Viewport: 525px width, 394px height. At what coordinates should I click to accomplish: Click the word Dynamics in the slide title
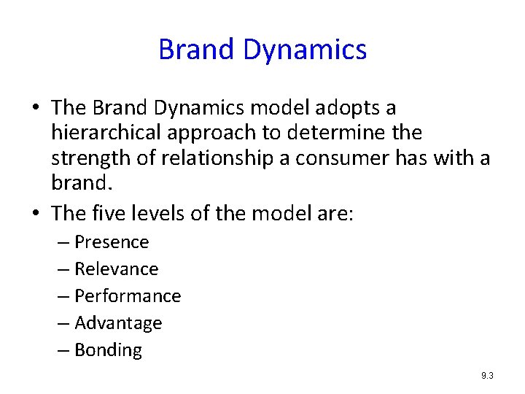coord(305,50)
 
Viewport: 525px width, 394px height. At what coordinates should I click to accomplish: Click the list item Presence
coord(112,242)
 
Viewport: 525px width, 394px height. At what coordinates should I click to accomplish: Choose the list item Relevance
coord(116,269)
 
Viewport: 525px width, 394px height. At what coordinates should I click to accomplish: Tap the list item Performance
coord(128,296)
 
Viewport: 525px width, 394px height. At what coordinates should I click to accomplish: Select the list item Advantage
coord(118,323)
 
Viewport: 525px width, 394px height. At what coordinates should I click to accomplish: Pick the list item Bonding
coord(108,350)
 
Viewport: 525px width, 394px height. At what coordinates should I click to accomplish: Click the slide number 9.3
coord(487,376)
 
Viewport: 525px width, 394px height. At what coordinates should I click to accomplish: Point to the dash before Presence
coord(64,242)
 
